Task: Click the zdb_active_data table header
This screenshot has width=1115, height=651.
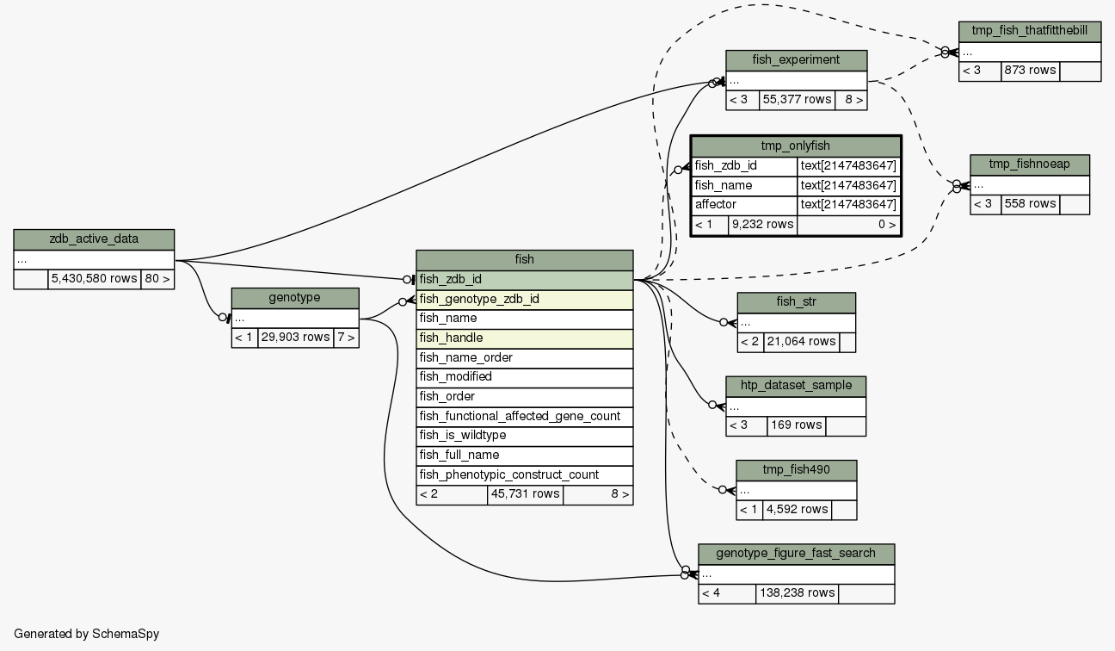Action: pyautogui.click(x=94, y=239)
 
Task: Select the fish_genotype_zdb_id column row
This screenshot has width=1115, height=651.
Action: pyautogui.click(x=524, y=300)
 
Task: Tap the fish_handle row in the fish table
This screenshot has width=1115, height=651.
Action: pyautogui.click(x=524, y=338)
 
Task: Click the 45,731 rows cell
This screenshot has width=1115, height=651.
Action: pyautogui.click(x=525, y=494)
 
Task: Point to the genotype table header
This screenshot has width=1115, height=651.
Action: pyautogui.click(x=295, y=297)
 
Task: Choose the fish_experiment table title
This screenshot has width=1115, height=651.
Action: pyautogui.click(x=796, y=59)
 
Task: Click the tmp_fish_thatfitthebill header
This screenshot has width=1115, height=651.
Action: pyautogui.click(x=1030, y=31)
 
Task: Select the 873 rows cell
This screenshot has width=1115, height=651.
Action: pyautogui.click(x=1030, y=71)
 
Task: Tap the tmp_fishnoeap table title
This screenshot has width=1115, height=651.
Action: pyautogui.click(x=1030, y=164)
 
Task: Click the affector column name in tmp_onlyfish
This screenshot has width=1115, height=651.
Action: pyautogui.click(x=744, y=205)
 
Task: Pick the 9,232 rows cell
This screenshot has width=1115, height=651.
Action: pyautogui.click(x=762, y=225)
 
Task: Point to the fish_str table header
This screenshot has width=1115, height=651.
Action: pyautogui.click(x=796, y=302)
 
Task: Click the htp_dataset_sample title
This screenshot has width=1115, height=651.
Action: pyautogui.click(x=796, y=385)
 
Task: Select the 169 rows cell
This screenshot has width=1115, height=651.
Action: pyautogui.click(x=796, y=425)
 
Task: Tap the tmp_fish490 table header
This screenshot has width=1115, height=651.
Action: pyautogui.click(x=796, y=469)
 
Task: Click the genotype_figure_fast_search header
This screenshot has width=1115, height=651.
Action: pyautogui.click(x=796, y=553)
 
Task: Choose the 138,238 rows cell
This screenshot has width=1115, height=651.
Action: pyautogui.click(x=797, y=593)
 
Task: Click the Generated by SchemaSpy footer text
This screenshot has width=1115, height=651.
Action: pyautogui.click(x=86, y=634)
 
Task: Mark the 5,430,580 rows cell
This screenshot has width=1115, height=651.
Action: pyautogui.click(x=94, y=279)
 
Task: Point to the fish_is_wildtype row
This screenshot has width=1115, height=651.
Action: pyautogui.click(x=524, y=436)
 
